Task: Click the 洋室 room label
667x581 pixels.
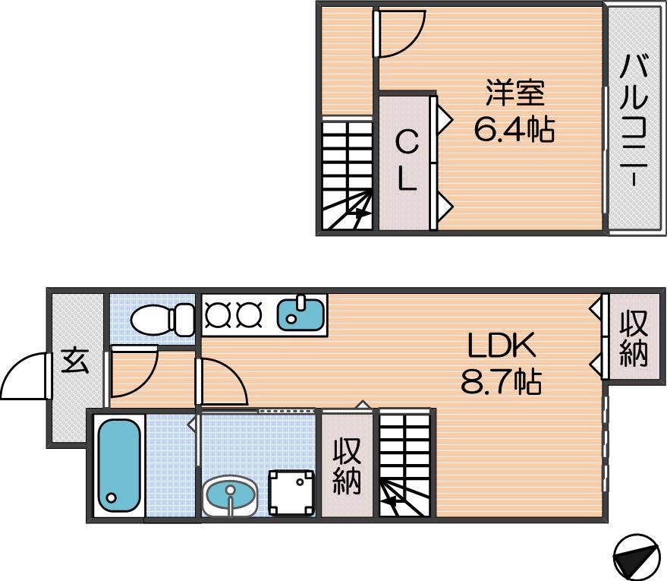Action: [x=515, y=93]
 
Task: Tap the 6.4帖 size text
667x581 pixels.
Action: [x=514, y=129]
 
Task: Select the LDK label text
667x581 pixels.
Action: [x=501, y=345]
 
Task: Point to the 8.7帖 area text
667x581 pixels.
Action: [x=501, y=381]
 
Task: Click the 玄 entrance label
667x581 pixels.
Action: [x=75, y=362]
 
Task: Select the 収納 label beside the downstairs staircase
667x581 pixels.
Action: [x=347, y=466]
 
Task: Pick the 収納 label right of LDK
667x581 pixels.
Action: [x=634, y=339]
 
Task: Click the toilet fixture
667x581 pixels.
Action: [x=163, y=319]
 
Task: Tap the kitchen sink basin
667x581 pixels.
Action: [x=300, y=314]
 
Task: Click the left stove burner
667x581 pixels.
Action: [x=215, y=314]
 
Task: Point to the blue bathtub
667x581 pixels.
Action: [x=119, y=466]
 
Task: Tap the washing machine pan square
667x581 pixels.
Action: [x=292, y=492]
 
